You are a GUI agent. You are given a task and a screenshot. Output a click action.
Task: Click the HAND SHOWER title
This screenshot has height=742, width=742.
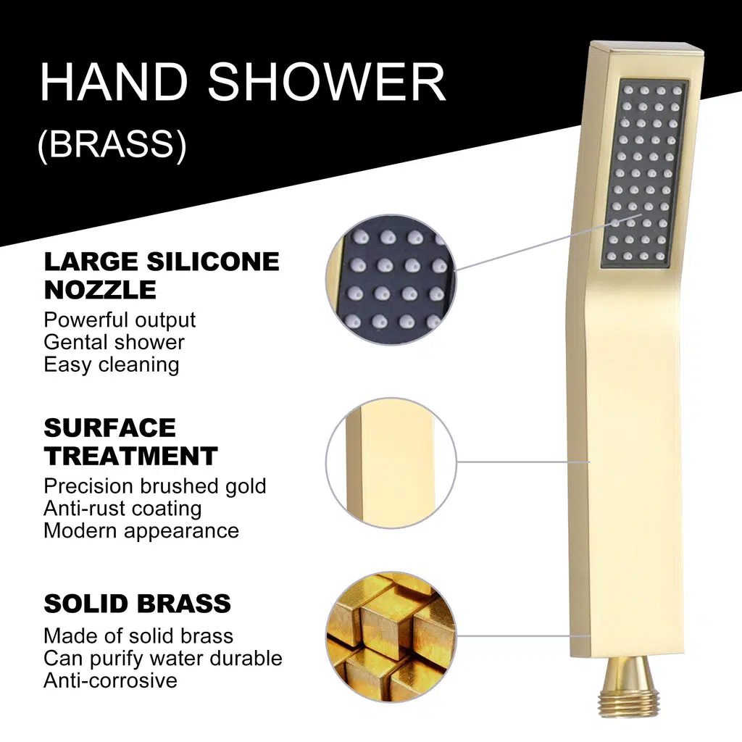click(243, 82)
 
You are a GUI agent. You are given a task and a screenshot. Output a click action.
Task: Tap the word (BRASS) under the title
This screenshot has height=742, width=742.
click(112, 144)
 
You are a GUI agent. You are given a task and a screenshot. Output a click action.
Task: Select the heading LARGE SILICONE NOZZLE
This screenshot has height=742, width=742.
click(162, 275)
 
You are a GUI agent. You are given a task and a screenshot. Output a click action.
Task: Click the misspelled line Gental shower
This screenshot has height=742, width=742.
click(114, 342)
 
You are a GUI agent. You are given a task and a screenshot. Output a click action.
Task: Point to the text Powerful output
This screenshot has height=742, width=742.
click(120, 320)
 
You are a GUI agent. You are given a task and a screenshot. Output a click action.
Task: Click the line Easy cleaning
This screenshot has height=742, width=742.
click(111, 365)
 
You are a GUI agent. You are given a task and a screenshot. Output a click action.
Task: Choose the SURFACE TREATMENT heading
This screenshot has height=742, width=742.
click(130, 442)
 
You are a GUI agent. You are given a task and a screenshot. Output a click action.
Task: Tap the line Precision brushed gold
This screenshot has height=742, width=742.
click(155, 486)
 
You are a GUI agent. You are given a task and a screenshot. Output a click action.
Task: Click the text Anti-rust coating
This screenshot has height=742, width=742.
click(122, 508)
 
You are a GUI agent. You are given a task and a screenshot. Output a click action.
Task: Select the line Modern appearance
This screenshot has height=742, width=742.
click(141, 531)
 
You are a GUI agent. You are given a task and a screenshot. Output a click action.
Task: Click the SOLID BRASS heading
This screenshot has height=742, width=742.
click(137, 604)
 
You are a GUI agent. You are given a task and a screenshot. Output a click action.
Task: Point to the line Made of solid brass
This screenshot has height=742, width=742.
click(138, 636)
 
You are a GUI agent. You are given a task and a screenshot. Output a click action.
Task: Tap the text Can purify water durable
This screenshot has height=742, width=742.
click(163, 658)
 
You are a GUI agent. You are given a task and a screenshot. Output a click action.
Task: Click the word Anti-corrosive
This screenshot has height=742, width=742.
click(110, 680)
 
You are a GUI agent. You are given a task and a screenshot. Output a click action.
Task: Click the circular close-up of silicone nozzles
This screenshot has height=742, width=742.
click(391, 280)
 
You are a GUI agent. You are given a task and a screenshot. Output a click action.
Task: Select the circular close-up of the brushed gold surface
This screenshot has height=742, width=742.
click(391, 462)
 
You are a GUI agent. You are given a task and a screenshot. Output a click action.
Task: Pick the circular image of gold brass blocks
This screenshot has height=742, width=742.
click(391, 637)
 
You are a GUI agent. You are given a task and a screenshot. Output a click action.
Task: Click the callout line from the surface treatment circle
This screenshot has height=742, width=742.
click(523, 462)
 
